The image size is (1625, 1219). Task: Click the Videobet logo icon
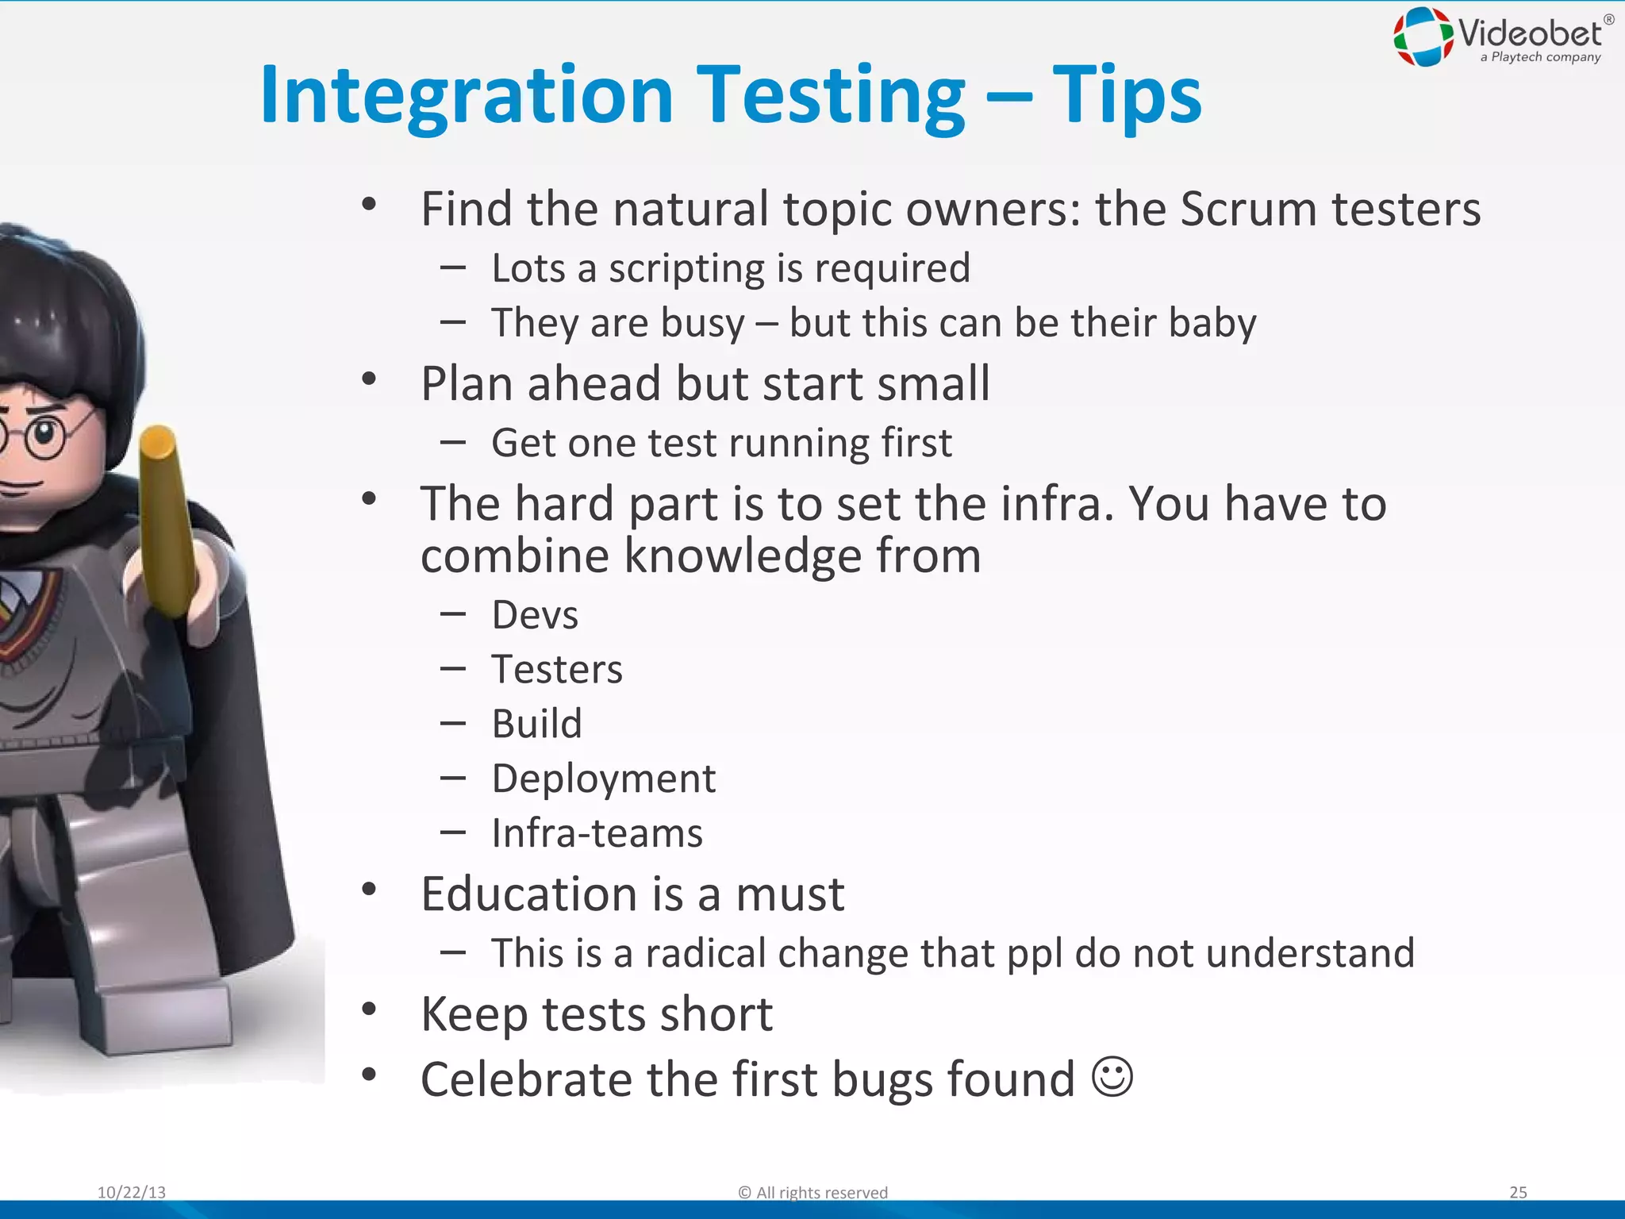pyautogui.click(x=1423, y=37)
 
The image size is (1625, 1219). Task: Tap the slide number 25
pyautogui.click(x=1518, y=1192)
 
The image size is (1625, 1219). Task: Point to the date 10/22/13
pyautogui.click(x=132, y=1192)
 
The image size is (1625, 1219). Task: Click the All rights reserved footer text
pyautogui.click(x=813, y=1192)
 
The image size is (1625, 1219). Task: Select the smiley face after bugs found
pyautogui.click(x=1112, y=1077)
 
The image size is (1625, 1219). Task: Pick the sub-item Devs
pyautogui.click(x=535, y=615)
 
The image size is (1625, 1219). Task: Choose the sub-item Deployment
pyautogui.click(x=603, y=779)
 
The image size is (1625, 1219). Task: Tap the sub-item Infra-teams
pyautogui.click(x=597, y=833)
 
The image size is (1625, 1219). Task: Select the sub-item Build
pyautogui.click(x=536, y=724)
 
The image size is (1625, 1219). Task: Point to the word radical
pyautogui.click(x=705, y=953)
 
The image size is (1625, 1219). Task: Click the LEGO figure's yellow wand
pyautogui.click(x=168, y=520)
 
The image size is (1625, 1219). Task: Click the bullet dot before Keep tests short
pyautogui.click(x=369, y=1010)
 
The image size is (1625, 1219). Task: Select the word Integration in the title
pyautogui.click(x=467, y=97)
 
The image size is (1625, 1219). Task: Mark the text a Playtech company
pyautogui.click(x=1540, y=57)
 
